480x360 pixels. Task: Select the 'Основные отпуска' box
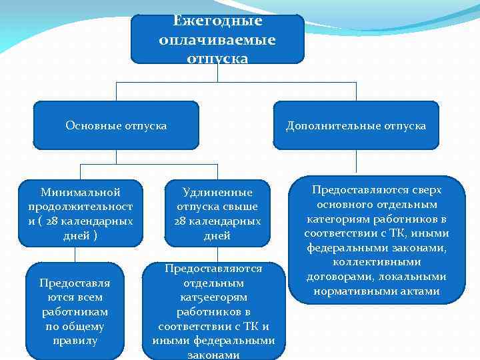[x=116, y=125]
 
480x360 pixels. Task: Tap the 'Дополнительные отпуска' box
[x=356, y=125]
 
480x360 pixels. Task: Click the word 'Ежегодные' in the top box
[x=217, y=21]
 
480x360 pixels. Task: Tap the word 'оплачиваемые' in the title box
[x=217, y=40]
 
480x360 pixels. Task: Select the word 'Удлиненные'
[x=217, y=193]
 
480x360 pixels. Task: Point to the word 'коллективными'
[x=377, y=262]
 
